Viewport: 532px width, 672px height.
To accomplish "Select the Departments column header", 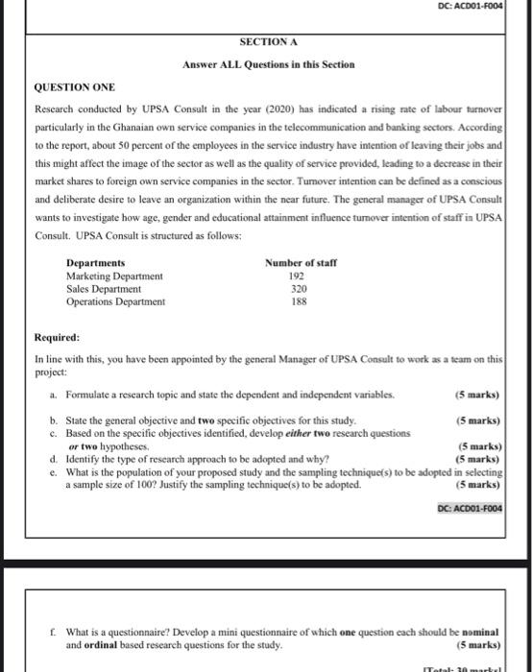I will click(x=96, y=263).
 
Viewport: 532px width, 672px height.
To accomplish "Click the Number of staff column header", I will click(x=301, y=263).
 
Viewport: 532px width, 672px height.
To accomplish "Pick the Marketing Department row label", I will click(x=114, y=276).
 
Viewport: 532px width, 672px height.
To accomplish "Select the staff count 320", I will click(x=299, y=288).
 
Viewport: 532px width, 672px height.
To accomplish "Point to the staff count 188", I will click(x=299, y=301).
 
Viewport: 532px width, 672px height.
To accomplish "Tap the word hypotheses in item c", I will click(x=123, y=446).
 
